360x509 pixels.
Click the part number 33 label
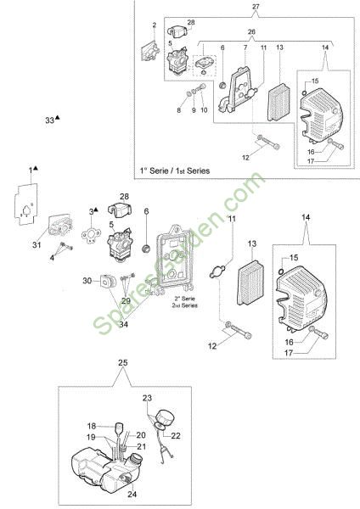pos(50,120)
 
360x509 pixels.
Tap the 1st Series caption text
pos(175,171)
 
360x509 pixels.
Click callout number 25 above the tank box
pos(122,362)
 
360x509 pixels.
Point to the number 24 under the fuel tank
pos(132,494)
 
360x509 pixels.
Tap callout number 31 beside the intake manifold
pos(37,244)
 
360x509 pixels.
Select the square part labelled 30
pos(108,281)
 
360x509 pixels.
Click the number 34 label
pos(123,324)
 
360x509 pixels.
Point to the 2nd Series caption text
pos(184,302)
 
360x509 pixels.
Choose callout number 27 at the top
pos(256,6)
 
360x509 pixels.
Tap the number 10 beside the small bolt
pos(204,110)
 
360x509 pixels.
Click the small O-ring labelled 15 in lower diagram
pos(281,271)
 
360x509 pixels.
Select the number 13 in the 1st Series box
pos(279,48)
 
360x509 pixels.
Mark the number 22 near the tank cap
pos(176,436)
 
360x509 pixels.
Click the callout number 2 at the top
pos(155,25)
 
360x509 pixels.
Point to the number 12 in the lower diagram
pos(212,346)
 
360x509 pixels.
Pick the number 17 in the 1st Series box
pos(311,161)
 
